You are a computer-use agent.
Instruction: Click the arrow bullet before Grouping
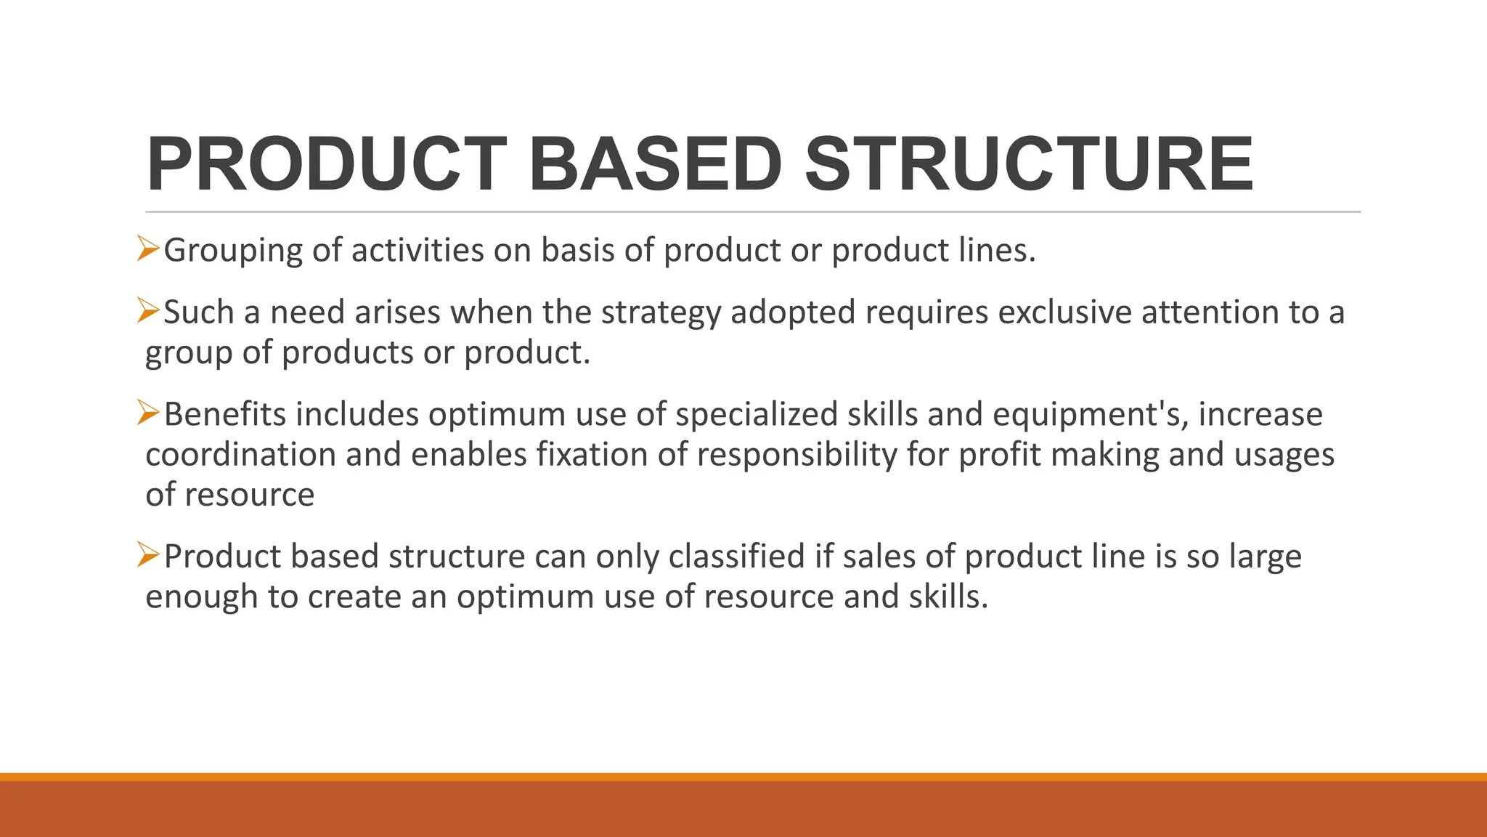148,249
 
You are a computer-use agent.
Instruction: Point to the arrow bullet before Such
148,311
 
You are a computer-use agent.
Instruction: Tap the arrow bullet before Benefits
148,413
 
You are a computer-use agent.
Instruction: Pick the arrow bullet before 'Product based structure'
148,555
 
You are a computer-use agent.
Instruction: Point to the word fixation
592,455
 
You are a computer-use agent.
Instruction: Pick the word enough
202,597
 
